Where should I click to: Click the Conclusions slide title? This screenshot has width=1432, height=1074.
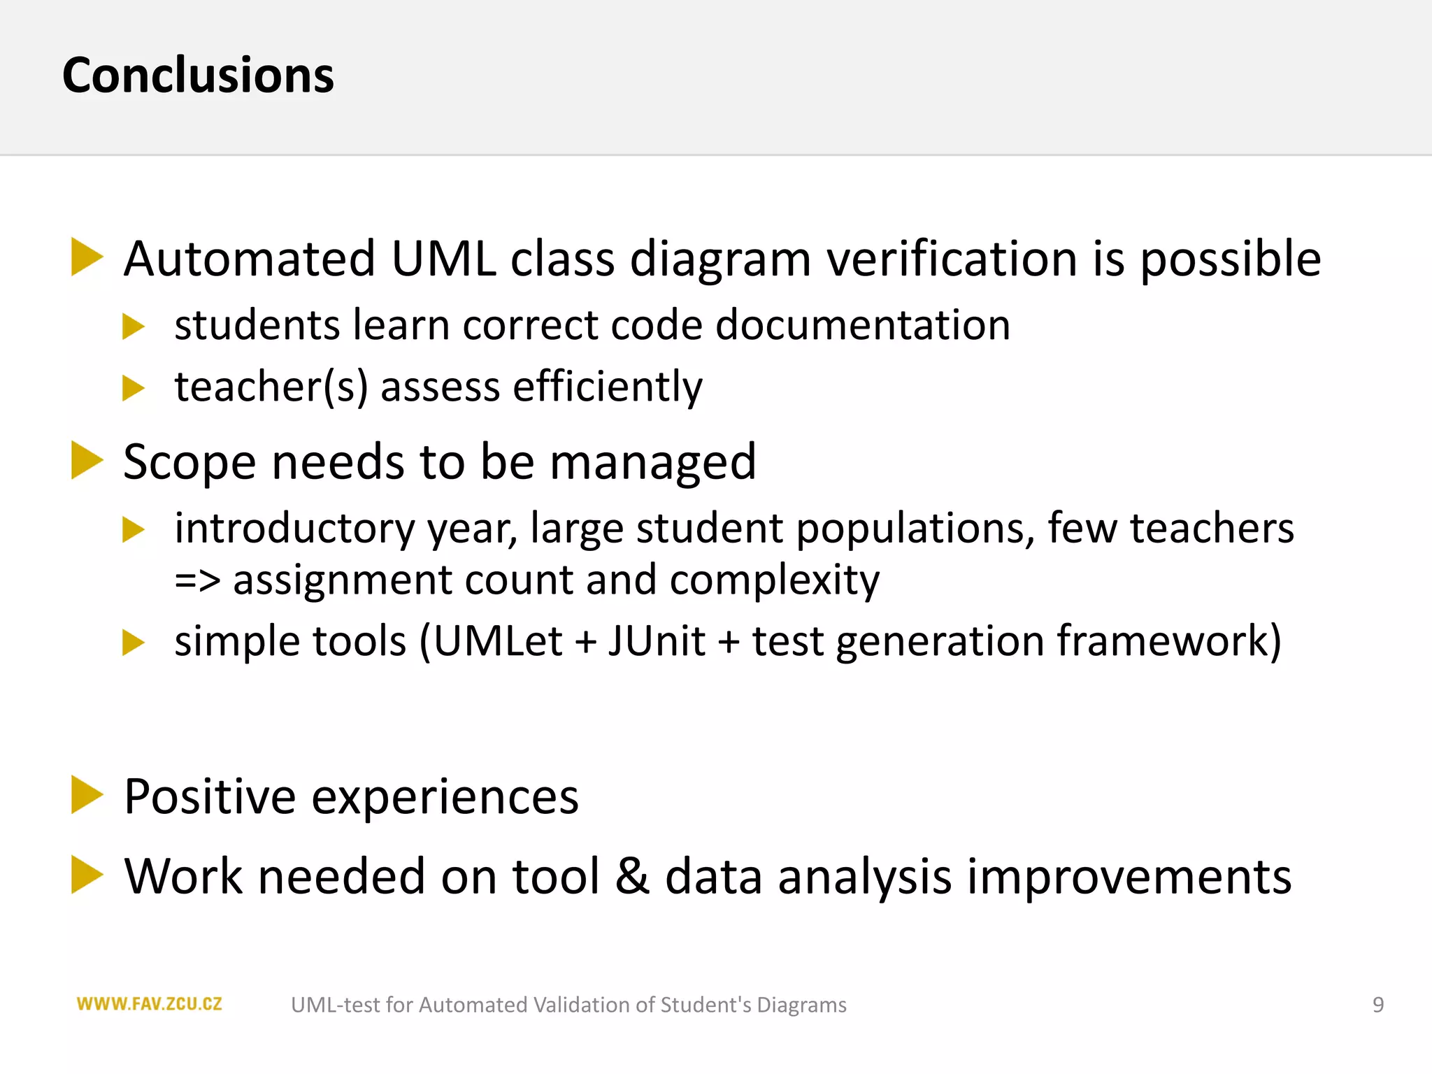click(198, 76)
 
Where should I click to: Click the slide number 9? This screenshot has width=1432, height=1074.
click(1377, 1005)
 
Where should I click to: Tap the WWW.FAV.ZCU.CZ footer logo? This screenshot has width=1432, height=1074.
click(149, 1004)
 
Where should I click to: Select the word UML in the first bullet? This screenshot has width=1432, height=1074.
click(443, 259)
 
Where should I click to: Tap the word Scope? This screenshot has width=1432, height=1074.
click(189, 464)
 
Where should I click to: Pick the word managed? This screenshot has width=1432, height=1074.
click(652, 464)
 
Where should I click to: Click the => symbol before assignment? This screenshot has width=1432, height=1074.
click(197, 581)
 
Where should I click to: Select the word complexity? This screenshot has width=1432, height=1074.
click(774, 581)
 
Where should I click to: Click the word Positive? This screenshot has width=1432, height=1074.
click(210, 796)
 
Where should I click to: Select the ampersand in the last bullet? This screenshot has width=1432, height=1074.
click(632, 876)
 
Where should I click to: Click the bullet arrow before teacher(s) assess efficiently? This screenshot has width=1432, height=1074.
click(132, 388)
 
